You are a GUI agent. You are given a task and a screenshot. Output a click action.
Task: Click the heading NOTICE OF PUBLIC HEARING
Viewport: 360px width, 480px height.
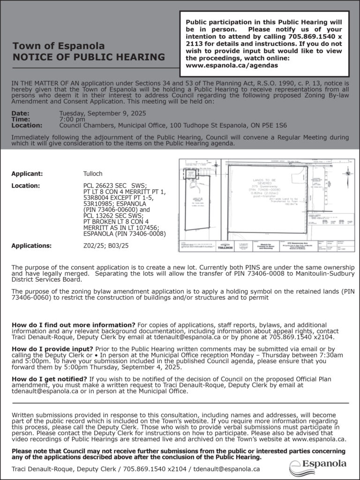coord(89,58)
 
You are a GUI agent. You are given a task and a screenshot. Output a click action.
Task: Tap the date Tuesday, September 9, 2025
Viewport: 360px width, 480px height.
coord(103,113)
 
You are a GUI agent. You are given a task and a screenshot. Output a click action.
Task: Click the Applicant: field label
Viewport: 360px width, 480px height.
coord(27,173)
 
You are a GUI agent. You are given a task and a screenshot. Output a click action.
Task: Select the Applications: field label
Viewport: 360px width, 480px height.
coord(31,245)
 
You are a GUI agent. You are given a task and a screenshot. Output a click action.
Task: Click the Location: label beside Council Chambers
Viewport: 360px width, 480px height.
coord(27,126)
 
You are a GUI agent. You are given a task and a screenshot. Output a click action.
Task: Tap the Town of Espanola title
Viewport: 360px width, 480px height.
coord(59,46)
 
